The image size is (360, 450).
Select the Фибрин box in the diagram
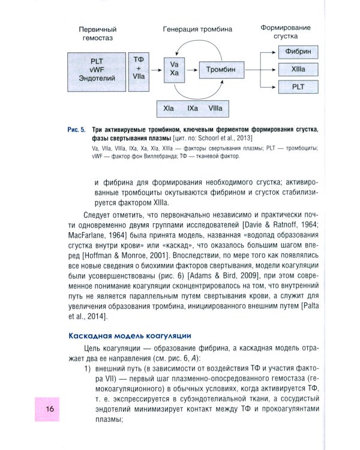point(298,52)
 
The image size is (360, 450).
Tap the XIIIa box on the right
point(298,70)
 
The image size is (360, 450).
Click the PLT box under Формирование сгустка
point(298,87)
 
